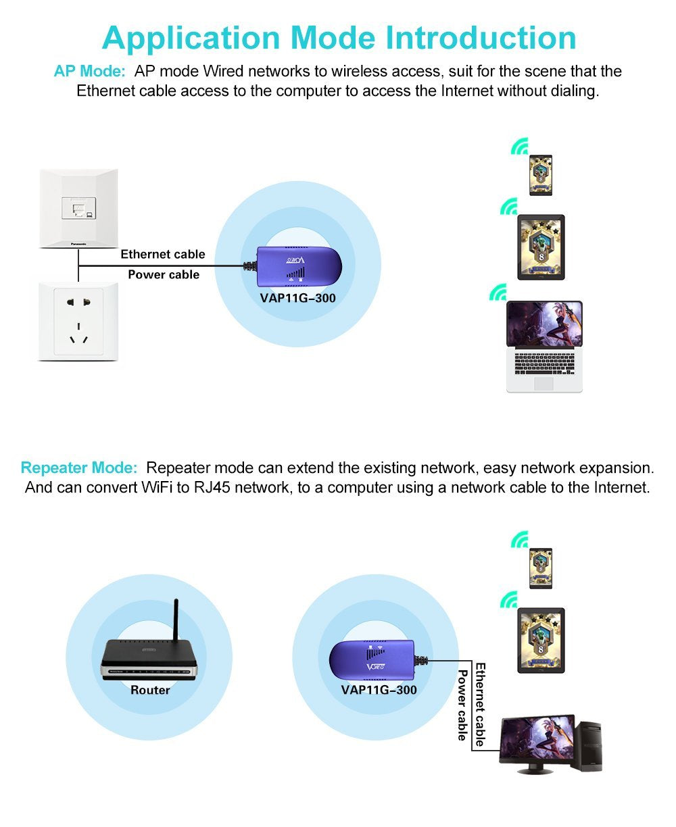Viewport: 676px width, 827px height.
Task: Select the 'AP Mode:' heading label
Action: click(89, 72)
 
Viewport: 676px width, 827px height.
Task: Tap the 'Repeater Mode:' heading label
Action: click(79, 468)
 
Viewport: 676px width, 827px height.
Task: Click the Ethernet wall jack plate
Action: click(78, 207)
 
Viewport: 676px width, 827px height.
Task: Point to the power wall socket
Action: click(78, 322)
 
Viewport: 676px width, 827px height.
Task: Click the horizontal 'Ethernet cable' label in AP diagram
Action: click(162, 254)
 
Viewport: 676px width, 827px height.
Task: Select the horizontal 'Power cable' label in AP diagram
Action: click(164, 274)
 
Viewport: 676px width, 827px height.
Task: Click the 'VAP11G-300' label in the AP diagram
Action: click(299, 297)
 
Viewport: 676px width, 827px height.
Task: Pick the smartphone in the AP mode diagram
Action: click(540, 176)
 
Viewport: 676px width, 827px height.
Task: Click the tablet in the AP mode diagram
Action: click(540, 247)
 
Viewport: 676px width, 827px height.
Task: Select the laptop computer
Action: click(544, 346)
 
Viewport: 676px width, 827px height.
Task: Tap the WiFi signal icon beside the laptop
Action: click(498, 292)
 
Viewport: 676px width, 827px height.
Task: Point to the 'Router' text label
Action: click(150, 690)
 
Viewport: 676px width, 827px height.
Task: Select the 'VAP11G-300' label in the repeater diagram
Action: click(379, 690)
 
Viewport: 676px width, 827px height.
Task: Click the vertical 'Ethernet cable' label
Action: click(480, 705)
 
